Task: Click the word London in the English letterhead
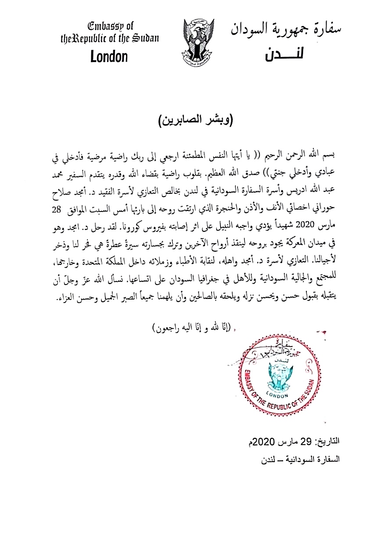tap(109, 57)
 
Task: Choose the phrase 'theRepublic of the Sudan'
tap(109, 38)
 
